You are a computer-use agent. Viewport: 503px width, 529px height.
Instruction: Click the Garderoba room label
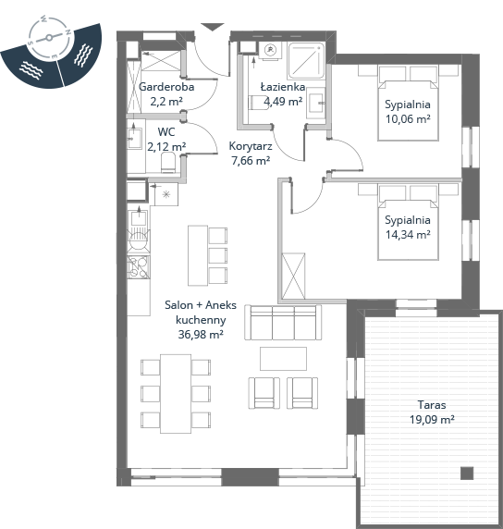point(166,87)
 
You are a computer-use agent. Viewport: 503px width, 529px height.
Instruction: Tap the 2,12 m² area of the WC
point(166,146)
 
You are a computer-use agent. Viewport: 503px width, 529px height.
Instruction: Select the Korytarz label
point(251,146)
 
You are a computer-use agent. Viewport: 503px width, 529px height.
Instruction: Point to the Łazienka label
point(283,87)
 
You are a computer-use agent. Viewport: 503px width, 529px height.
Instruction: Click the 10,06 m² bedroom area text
point(408,119)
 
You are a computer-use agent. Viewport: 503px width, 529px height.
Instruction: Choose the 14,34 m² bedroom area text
point(408,235)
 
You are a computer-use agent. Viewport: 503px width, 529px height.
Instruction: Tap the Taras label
point(432,404)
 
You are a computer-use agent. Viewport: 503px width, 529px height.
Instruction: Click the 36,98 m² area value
point(201,335)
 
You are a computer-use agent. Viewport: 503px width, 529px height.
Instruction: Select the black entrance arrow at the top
point(213,27)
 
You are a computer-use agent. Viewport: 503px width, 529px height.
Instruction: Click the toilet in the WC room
point(168,163)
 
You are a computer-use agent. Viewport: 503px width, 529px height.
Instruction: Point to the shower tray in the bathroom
point(306,61)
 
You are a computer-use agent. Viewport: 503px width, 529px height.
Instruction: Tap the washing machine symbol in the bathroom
point(270,51)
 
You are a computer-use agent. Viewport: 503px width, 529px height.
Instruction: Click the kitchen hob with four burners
point(139,267)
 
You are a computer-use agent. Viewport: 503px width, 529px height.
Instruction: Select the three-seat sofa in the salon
point(283,323)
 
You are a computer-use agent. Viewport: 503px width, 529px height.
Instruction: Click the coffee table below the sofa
point(283,359)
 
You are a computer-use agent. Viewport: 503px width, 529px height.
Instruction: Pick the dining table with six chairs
point(176,394)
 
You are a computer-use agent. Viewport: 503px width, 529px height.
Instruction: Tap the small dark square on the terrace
point(467,473)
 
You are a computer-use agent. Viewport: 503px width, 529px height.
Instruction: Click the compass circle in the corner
point(50,37)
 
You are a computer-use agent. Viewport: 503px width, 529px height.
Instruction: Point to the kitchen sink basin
point(139,217)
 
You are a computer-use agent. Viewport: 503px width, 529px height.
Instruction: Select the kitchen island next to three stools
point(198,256)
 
